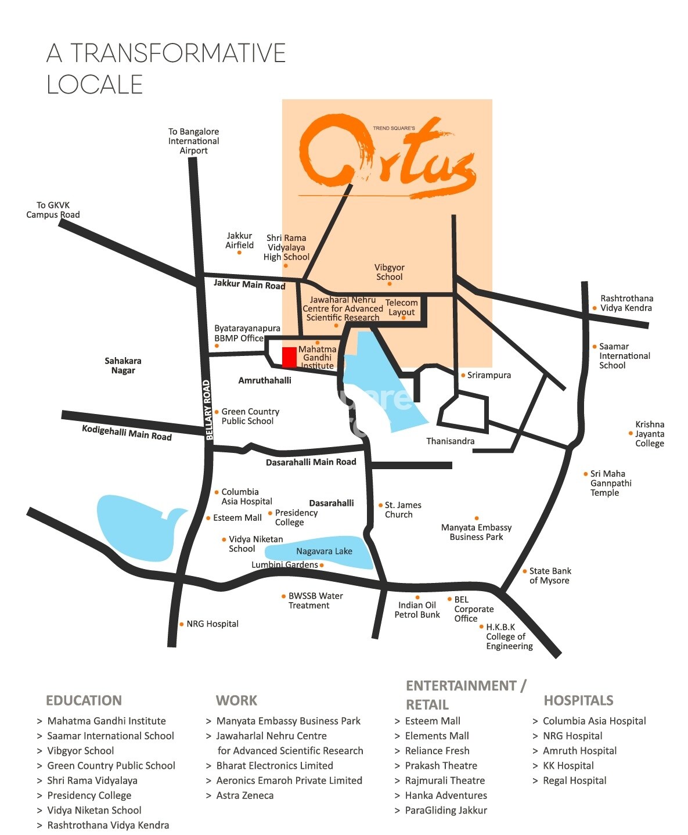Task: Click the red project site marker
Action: [x=289, y=357]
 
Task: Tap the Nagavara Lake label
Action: [x=324, y=551]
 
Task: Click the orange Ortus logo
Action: [x=387, y=155]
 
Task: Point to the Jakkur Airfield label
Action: [x=239, y=240]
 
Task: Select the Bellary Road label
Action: [x=208, y=409]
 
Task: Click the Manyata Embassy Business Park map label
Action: [x=476, y=532]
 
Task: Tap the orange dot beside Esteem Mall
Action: [x=208, y=518]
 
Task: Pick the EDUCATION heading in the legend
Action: [x=84, y=700]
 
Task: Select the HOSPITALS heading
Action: [x=578, y=700]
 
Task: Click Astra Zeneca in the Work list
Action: [x=244, y=796]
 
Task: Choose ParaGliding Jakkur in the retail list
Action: [x=446, y=810]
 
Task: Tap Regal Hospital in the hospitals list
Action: [x=574, y=780]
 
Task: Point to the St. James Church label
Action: [x=403, y=510]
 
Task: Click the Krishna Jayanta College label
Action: [x=649, y=434]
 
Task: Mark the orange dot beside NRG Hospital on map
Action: [x=182, y=624]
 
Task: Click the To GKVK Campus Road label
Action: [x=53, y=210]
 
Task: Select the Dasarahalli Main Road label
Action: [x=311, y=462]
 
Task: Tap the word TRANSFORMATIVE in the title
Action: [x=178, y=53]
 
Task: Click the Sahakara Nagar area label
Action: [x=123, y=365]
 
